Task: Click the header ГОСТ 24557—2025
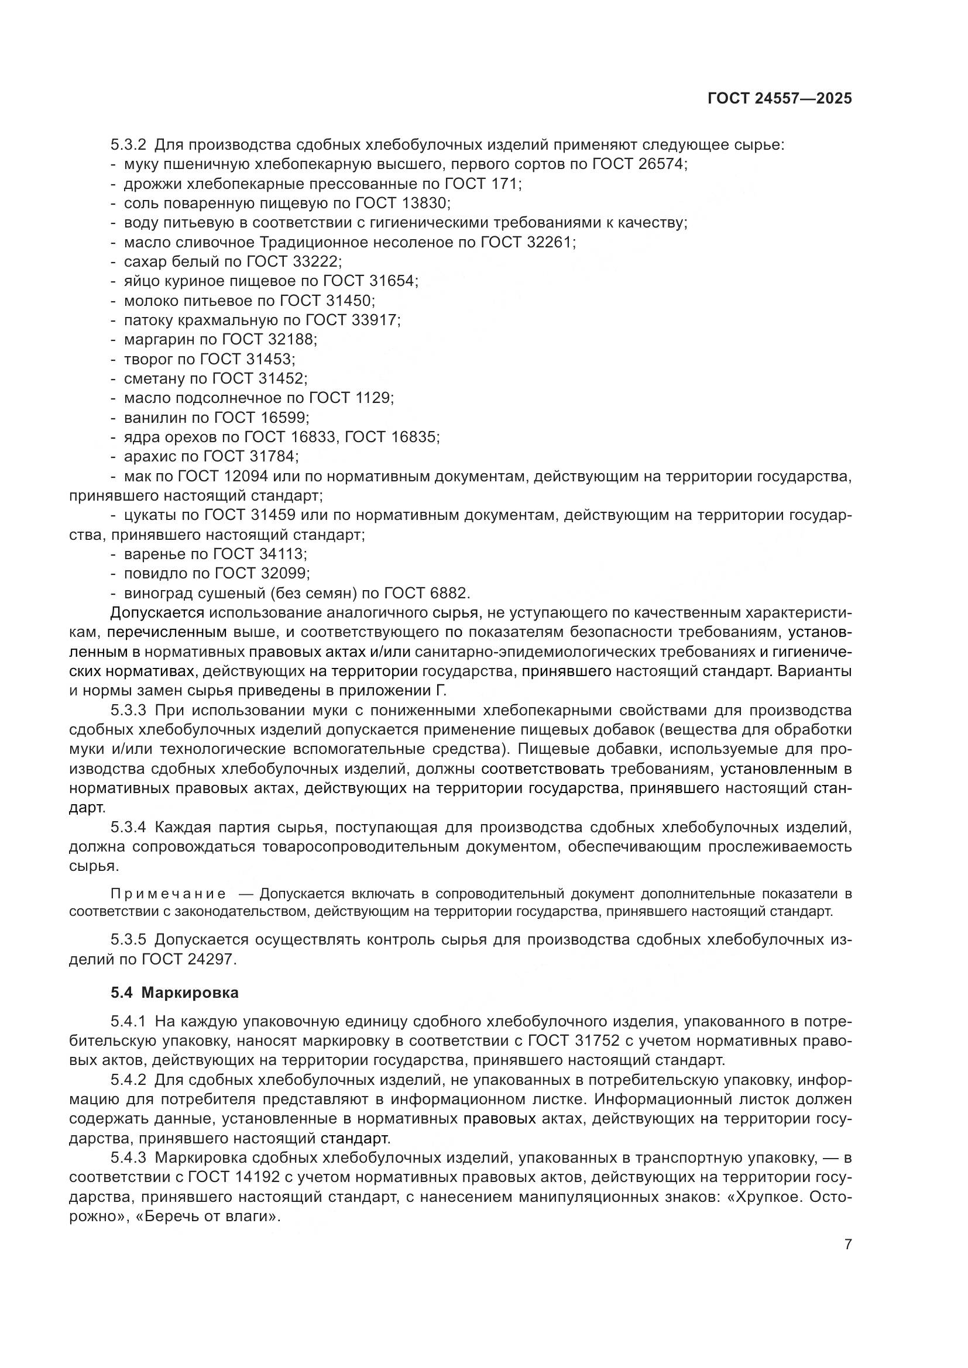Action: pyautogui.click(x=780, y=99)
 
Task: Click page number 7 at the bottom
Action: pyautogui.click(x=847, y=1244)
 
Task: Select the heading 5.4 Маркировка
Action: pyautogui.click(x=174, y=993)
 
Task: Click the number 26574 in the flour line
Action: pyautogui.click(x=662, y=164)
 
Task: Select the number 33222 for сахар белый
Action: pyautogui.click(x=316, y=261)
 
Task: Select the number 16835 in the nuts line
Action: pyautogui.click(x=414, y=437)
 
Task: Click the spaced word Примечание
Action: pyautogui.click(x=169, y=894)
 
